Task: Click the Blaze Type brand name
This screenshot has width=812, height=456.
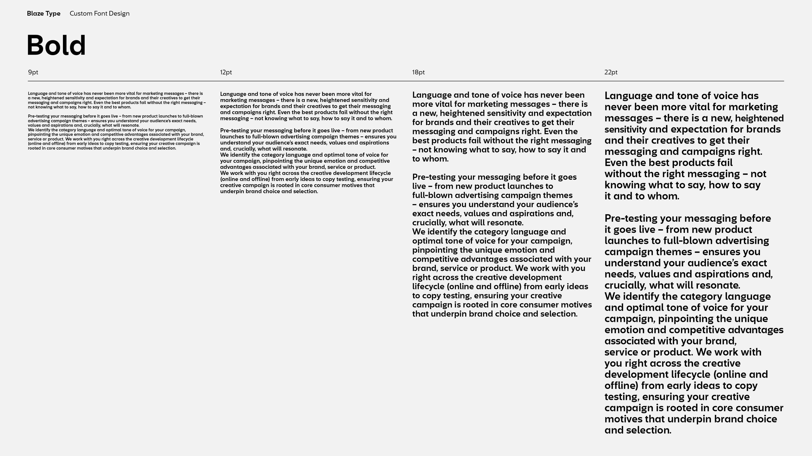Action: [43, 14]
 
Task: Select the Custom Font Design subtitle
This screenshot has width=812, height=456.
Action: [100, 14]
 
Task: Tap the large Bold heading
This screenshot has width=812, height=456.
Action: [56, 46]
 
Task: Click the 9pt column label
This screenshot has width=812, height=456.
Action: [33, 72]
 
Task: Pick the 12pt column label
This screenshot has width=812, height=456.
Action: [226, 72]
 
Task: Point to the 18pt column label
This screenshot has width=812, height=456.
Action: [418, 72]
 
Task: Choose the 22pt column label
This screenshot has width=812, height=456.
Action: [611, 72]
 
